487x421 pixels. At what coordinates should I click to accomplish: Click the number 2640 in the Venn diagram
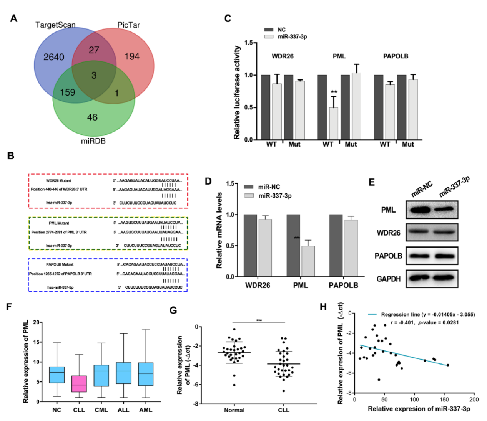[53, 57]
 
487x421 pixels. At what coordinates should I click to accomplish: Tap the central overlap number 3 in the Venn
[94, 75]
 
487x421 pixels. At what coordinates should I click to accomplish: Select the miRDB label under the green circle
[93, 141]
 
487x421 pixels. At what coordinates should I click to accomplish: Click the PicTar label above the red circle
[128, 25]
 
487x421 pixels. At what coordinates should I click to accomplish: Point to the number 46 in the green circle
[92, 117]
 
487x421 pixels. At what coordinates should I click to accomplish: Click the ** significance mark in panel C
[334, 92]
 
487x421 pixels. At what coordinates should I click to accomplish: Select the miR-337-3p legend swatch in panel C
[269, 36]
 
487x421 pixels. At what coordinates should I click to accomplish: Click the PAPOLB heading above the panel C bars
[396, 56]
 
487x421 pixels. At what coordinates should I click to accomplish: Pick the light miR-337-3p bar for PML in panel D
[308, 261]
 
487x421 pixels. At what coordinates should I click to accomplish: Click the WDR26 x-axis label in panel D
[258, 285]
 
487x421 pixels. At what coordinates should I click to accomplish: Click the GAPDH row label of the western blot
[389, 279]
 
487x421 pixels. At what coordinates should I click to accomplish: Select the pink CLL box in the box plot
[79, 384]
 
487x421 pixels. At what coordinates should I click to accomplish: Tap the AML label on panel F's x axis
[146, 410]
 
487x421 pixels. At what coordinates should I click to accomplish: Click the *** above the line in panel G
[259, 320]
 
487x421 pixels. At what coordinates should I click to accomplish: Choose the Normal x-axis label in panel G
[234, 410]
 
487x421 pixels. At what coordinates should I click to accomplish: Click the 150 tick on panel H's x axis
[444, 400]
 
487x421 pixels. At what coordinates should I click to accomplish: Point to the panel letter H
[323, 307]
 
